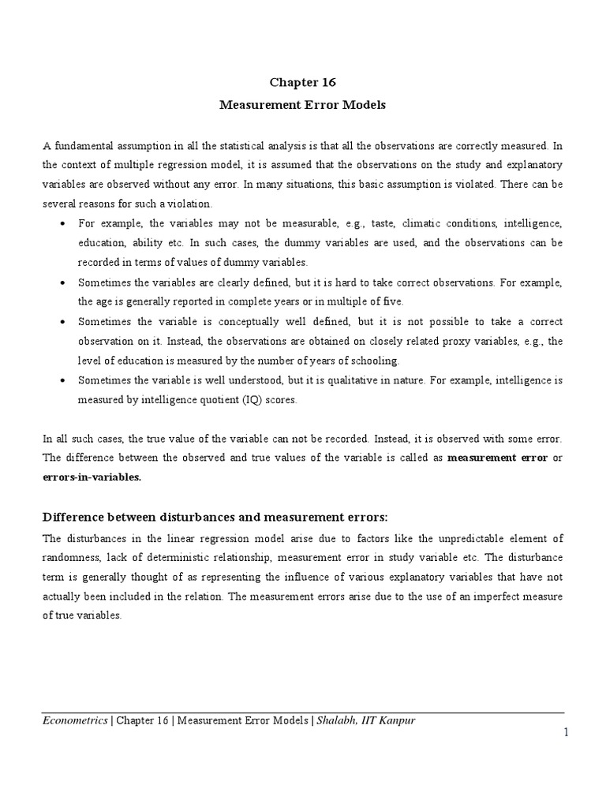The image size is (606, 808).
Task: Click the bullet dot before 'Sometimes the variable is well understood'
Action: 62,380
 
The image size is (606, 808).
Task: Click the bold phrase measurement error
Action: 497,457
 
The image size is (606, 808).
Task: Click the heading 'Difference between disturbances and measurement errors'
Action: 215,517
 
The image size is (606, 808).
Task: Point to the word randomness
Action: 71,559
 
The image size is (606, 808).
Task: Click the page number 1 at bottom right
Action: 566,734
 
